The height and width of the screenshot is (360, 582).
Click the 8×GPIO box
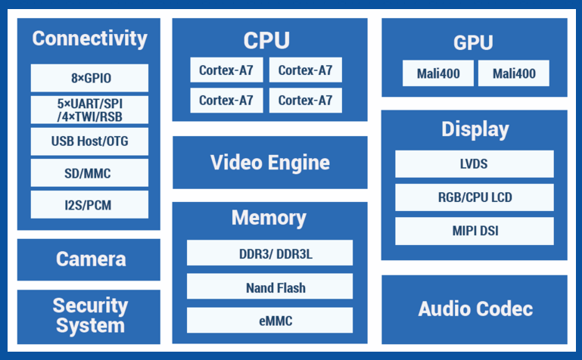point(89,78)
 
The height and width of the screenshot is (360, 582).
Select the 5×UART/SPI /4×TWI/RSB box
point(89,110)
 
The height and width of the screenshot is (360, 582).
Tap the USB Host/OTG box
point(89,141)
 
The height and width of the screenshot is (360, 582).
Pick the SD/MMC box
point(89,173)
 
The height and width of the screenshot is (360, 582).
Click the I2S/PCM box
point(89,204)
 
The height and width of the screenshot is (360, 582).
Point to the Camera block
point(89,259)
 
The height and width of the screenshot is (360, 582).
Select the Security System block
point(89,316)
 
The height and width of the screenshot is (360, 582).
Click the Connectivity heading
point(89,39)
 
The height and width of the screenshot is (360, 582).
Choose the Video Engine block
point(270,163)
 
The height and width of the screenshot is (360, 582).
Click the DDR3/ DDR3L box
point(270,253)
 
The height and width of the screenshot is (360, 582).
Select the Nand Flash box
point(270,287)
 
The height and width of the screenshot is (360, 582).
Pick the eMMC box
point(270,321)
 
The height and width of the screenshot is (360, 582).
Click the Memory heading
point(269,219)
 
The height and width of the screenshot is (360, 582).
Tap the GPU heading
point(474,42)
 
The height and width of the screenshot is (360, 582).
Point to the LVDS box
point(474,164)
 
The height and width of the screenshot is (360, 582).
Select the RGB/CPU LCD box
point(474,197)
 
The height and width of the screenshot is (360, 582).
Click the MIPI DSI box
point(474,231)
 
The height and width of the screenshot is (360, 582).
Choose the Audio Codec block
point(475,309)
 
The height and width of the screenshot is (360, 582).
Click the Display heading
point(475,129)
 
